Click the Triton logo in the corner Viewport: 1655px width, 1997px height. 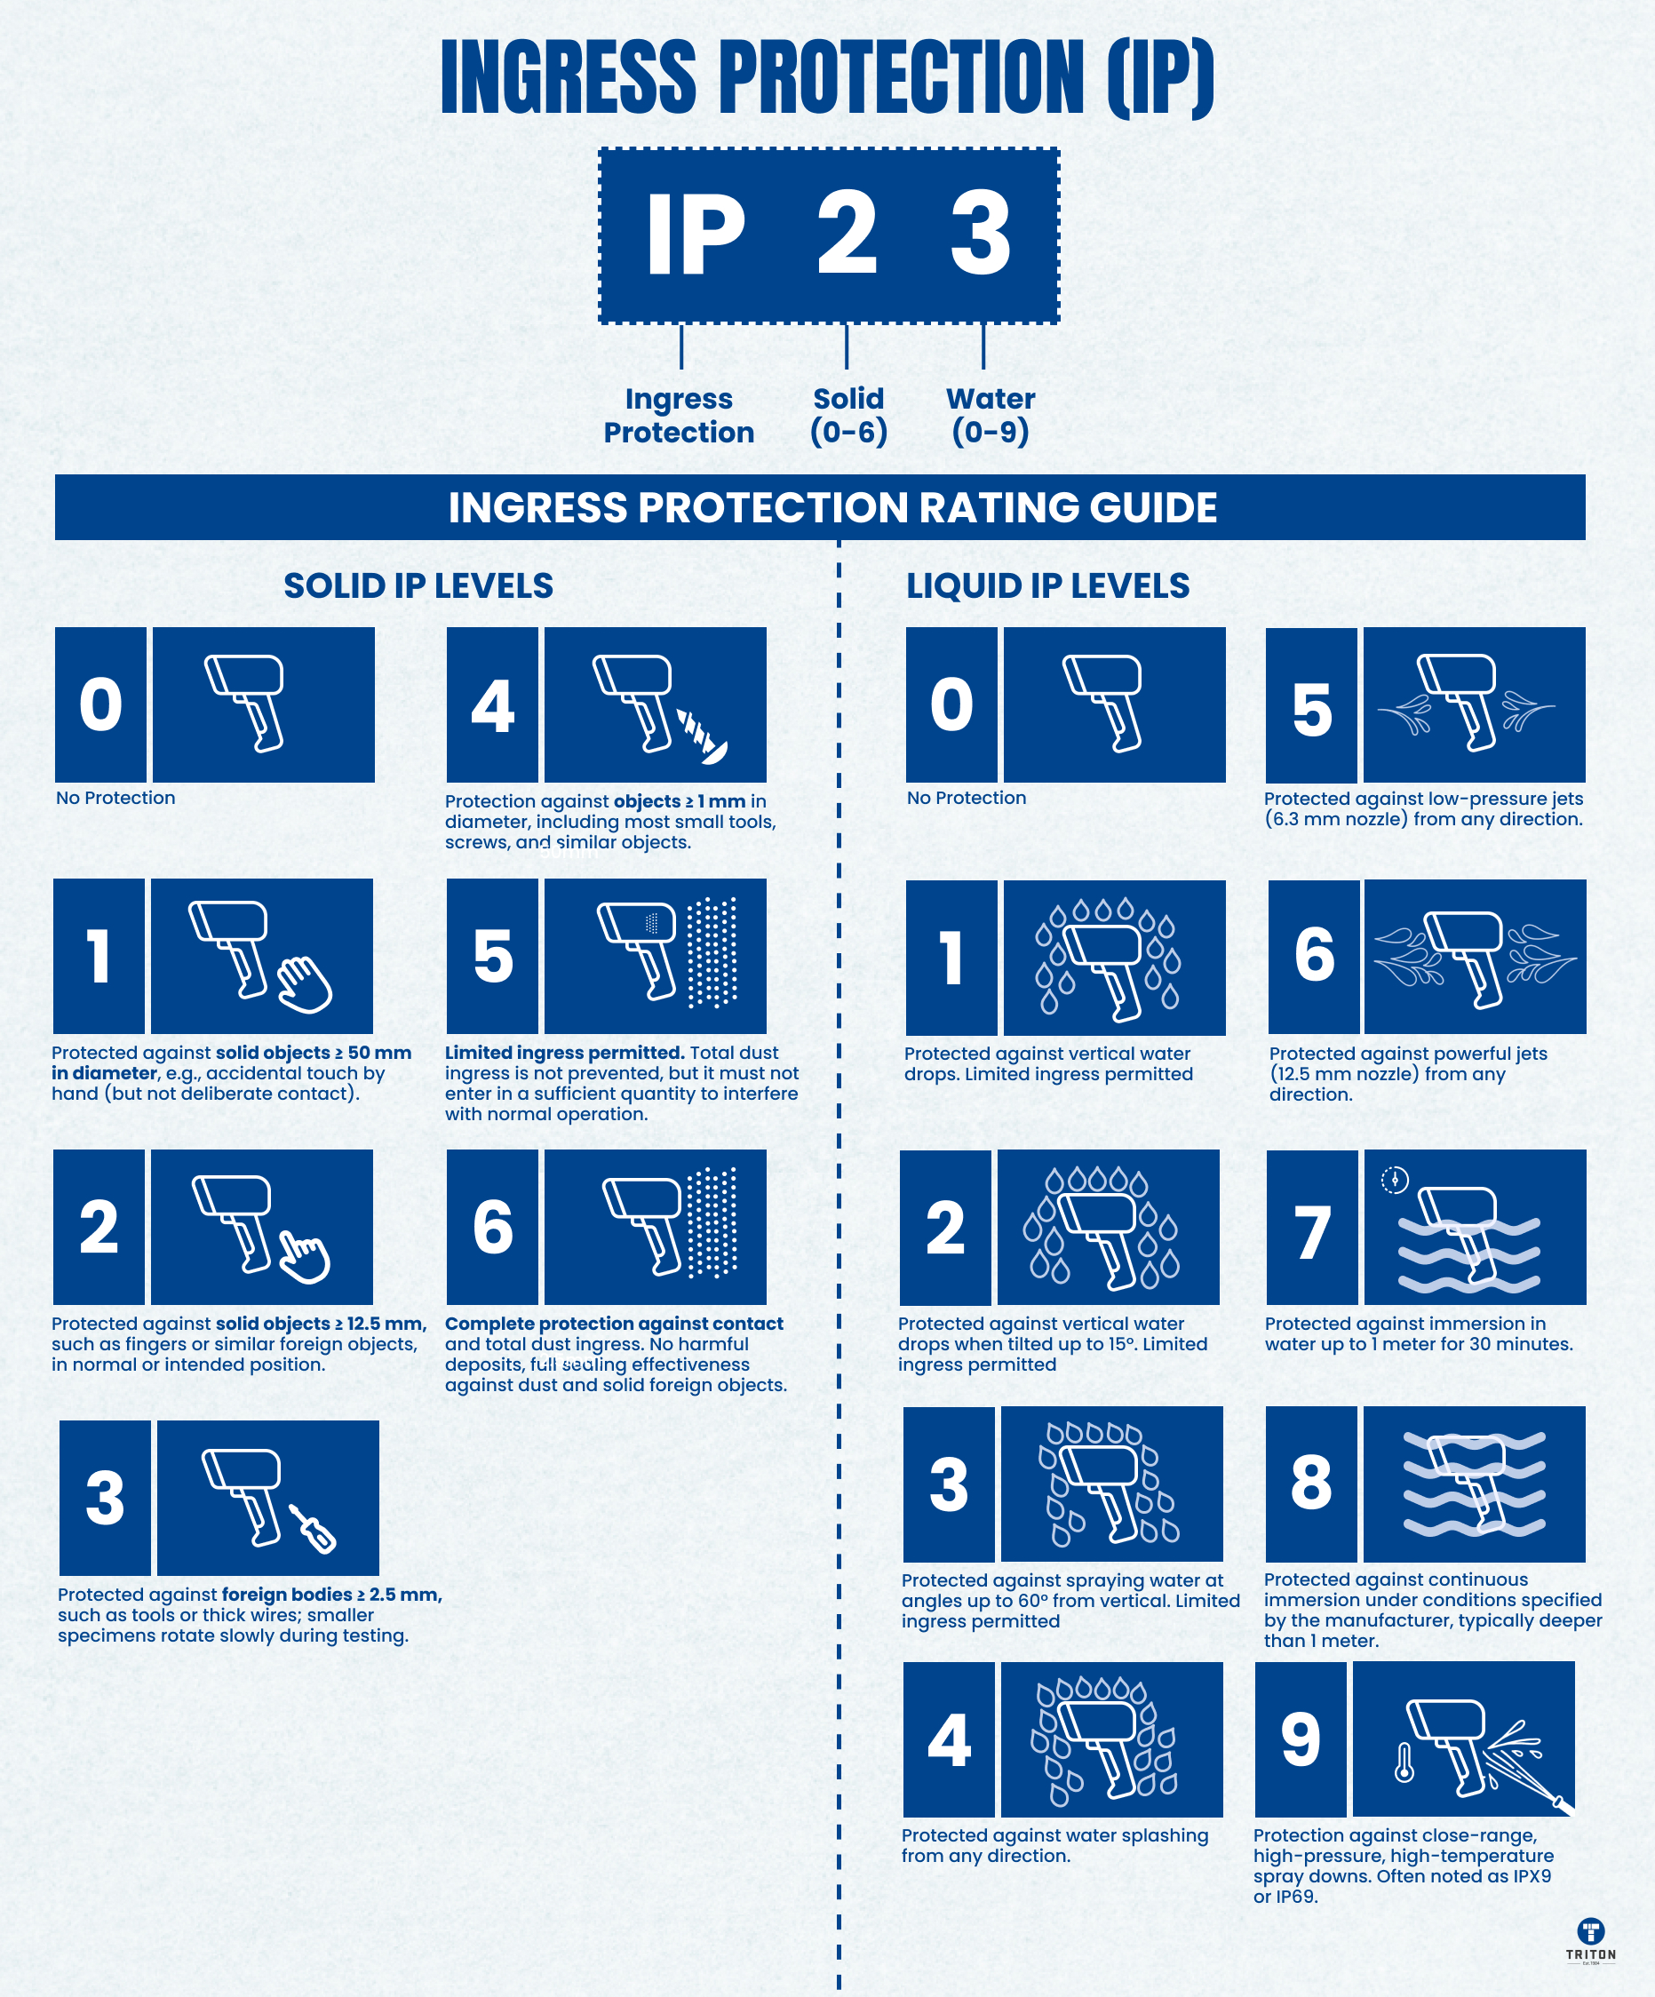pos(1590,1939)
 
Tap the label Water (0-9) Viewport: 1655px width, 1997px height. pos(991,415)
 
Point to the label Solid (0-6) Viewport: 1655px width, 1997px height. pos(848,415)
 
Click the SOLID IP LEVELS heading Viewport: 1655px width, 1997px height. pos(418,585)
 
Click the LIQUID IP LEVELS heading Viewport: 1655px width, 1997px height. pos(1047,585)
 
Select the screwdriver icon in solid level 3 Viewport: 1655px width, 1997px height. pos(313,1529)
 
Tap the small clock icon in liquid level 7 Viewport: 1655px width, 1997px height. pos(1395,1180)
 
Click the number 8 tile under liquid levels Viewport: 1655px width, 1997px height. pos(1310,1484)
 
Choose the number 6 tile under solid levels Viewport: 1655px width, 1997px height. pos(492,1227)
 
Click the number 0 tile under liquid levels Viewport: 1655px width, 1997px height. pos(951,704)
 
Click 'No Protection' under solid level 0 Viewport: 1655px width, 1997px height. pos(115,798)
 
